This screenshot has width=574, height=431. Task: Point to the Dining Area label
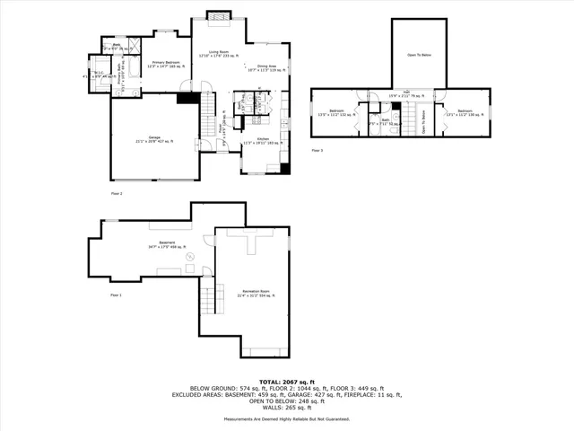265,68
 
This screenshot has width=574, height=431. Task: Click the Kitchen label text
263,141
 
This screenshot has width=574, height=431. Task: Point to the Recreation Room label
253,292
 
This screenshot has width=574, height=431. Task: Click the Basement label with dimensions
167,245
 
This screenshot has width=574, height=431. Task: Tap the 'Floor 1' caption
116,295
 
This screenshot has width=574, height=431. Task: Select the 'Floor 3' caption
317,150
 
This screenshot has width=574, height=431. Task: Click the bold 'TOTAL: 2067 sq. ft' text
286,382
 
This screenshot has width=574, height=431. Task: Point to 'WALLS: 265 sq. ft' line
286,406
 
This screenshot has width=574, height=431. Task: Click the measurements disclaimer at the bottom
286,418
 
